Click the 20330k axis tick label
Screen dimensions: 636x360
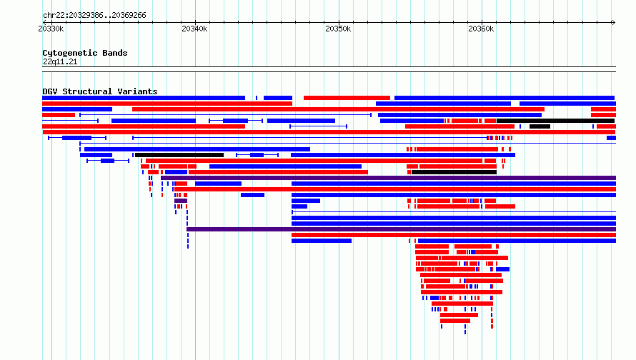point(51,29)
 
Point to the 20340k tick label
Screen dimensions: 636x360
point(194,29)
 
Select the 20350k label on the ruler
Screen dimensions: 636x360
point(338,29)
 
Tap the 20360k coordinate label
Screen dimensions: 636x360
point(481,29)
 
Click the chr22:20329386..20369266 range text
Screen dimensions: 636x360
point(94,16)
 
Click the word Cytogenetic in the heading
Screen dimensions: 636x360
point(70,53)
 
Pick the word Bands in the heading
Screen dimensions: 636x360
point(115,53)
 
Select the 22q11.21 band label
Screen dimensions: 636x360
point(60,61)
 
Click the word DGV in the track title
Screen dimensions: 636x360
point(50,91)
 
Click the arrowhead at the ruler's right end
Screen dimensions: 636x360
point(613,22)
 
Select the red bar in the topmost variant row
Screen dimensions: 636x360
point(347,98)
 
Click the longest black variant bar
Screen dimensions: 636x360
point(555,121)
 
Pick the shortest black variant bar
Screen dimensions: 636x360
point(540,126)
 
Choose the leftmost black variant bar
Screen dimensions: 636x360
point(179,155)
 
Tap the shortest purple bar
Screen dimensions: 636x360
point(181,201)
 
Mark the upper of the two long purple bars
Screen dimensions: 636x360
point(388,178)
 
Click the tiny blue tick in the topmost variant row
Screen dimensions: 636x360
point(257,98)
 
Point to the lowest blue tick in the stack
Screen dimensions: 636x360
point(465,332)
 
